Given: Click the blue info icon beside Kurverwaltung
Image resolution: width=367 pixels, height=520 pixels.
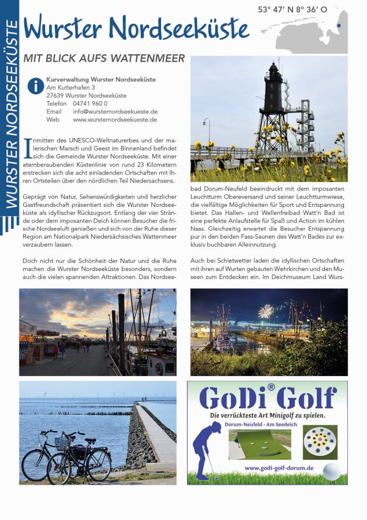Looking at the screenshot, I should pos(35,87).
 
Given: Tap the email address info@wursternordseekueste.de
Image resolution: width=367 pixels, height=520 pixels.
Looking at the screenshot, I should pos(115,112).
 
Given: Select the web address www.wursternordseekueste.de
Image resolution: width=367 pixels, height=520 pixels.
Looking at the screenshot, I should pos(115,120).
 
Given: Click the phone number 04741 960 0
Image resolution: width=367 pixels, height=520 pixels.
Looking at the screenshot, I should pos(90,103).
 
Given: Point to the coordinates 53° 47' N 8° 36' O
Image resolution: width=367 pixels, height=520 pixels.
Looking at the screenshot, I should pos(292,10).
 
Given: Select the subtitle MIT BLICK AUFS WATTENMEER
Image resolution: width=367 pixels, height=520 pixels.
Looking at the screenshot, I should pos(104,58).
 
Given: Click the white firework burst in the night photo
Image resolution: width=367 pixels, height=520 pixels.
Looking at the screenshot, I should pos(265,311).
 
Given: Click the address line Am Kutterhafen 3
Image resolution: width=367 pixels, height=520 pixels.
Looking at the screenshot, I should pos(71,87).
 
